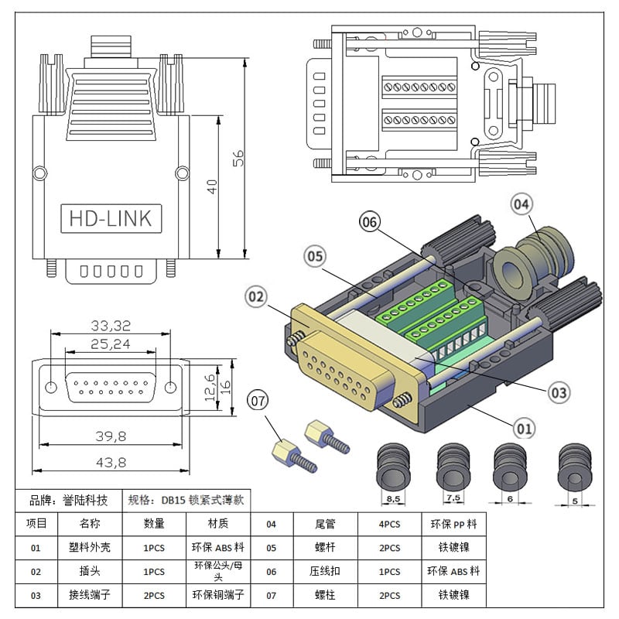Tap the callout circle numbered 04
[522, 205]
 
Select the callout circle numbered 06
[370, 222]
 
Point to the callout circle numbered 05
[314, 255]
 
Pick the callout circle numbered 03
[559, 392]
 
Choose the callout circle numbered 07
[259, 401]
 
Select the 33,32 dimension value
[111, 325]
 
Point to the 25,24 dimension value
[111, 344]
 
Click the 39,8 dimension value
[109, 436]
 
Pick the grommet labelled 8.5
[393, 468]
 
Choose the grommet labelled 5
[574, 468]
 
